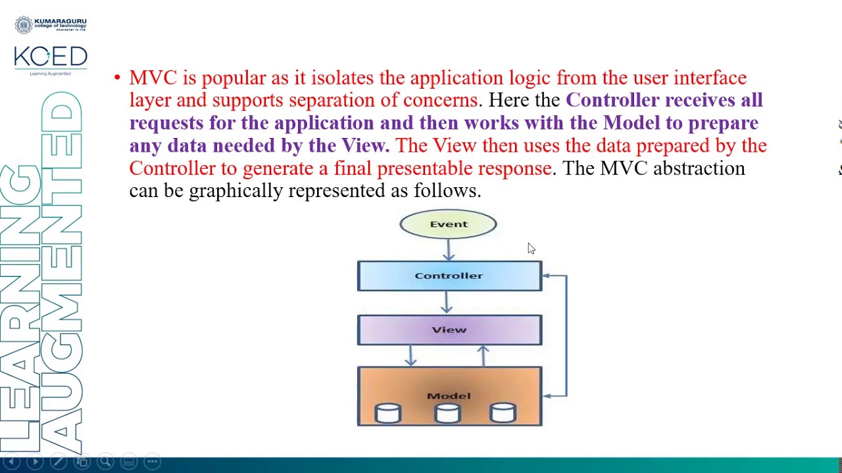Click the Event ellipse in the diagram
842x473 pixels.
pos(448,224)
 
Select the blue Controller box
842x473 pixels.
pos(449,276)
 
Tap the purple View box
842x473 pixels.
pos(449,330)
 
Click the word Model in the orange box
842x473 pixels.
pos(449,395)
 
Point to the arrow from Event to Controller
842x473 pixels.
pos(449,249)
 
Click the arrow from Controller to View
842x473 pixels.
pos(447,303)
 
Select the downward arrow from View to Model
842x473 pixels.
pos(411,355)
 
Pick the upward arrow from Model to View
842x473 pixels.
pos(483,355)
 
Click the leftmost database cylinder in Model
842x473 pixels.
pos(387,413)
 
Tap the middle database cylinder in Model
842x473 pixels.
pos(447,413)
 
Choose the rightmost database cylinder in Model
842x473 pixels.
pos(503,413)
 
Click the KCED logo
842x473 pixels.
pos(51,57)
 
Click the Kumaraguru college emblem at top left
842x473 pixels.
pos(24,26)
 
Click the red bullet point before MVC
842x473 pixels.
pos(117,78)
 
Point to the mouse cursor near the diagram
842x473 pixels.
pos(530,248)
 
